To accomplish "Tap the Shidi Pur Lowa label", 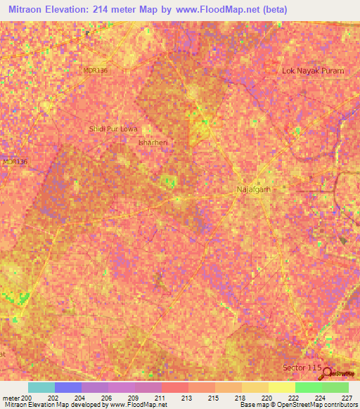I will [112, 129].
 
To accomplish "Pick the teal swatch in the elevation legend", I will [41, 387].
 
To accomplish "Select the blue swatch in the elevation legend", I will [68, 387].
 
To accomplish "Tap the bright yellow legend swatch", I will [282, 387].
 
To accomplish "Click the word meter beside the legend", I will [11, 398].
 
